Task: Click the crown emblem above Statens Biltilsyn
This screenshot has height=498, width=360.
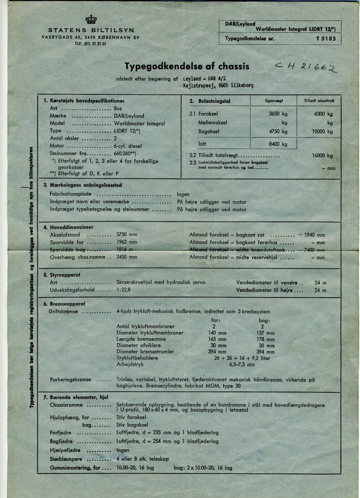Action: coord(91,20)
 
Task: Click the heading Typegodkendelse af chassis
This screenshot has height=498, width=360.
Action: coord(187,66)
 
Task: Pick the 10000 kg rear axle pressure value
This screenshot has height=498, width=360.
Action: coord(322,132)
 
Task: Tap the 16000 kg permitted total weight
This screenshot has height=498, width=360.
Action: coord(322,156)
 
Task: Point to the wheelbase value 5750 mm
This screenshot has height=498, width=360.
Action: coord(126,235)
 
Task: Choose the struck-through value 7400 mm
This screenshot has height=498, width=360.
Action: coord(314,250)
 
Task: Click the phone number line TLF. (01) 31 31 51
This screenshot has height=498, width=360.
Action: coord(90,44)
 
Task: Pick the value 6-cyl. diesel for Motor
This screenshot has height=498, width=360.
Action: coord(128,146)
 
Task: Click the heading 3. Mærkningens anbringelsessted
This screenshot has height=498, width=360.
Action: coord(82,185)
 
